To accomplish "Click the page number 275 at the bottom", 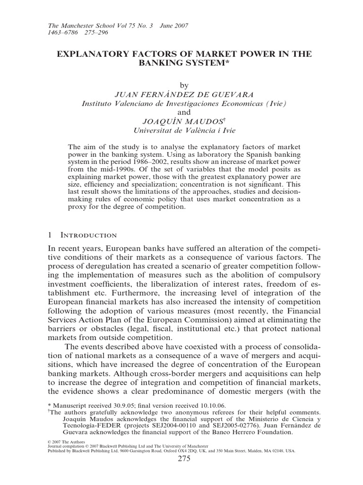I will tap(182, 459).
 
